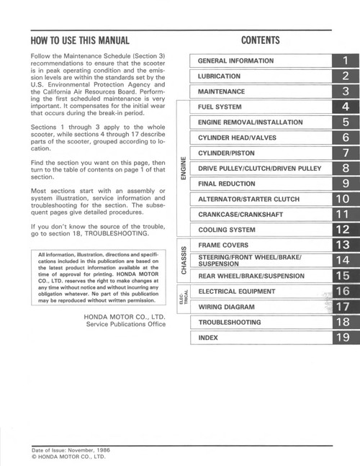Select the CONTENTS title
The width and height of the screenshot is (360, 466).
coord(261,40)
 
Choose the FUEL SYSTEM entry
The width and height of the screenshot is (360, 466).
coord(220,107)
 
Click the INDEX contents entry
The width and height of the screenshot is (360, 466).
coord(208,337)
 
